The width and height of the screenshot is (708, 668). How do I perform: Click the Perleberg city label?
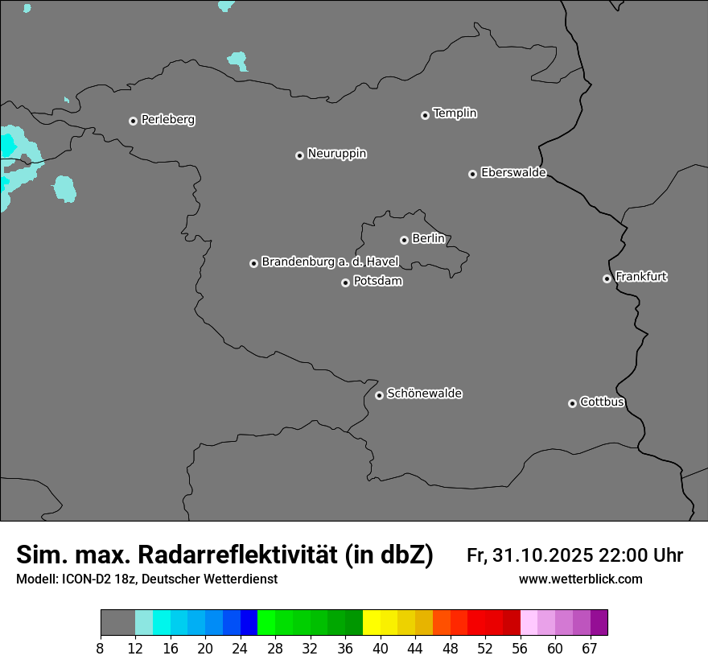tap(167, 120)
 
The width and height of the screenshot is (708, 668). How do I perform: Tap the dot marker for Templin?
tap(425, 115)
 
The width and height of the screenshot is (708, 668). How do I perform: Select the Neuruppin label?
tap(336, 154)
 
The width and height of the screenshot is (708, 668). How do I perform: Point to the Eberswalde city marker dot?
tap(472, 174)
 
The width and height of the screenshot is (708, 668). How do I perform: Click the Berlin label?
tap(428, 239)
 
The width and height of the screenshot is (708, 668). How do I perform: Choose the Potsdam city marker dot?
tap(345, 282)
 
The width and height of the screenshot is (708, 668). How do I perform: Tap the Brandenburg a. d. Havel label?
tap(330, 262)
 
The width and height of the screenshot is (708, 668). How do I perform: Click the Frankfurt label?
tap(641, 277)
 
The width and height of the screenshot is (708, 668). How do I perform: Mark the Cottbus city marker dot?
tap(572, 403)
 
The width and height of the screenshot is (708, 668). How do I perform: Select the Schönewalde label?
tap(424, 394)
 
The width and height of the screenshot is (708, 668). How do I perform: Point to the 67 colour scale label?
tap(590, 649)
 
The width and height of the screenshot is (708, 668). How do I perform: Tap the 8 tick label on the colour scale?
tap(101, 649)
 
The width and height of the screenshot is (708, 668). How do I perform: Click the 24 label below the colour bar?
tap(240, 649)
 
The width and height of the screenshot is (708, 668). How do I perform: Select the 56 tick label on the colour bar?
tap(521, 649)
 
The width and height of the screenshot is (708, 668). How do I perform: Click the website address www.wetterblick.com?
tap(580, 579)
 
